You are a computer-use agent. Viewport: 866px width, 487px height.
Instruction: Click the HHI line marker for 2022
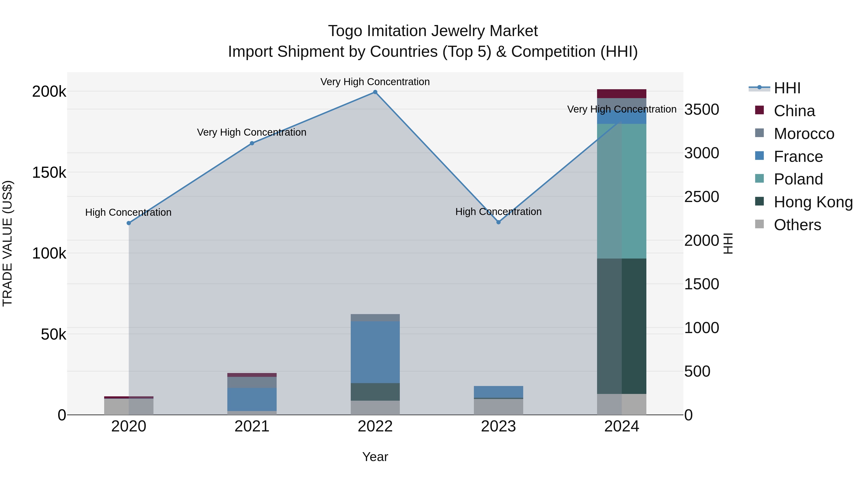[375, 92]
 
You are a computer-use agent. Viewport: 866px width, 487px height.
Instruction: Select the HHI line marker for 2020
[129, 223]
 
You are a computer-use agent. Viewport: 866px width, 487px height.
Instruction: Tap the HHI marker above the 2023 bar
[499, 222]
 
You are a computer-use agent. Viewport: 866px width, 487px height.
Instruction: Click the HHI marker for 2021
[252, 143]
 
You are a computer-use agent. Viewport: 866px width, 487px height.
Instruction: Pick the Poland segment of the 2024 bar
[622, 191]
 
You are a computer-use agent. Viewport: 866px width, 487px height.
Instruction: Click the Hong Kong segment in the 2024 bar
[622, 326]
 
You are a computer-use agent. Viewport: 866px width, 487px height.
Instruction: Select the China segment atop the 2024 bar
[622, 94]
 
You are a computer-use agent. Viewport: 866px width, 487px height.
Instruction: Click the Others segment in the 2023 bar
[499, 407]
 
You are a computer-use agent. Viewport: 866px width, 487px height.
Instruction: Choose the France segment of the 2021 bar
[252, 399]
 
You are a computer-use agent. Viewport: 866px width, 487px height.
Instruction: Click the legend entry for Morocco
[804, 134]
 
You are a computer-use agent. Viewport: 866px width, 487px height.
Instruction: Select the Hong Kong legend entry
[813, 202]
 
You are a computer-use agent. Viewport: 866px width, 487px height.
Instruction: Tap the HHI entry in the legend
[787, 88]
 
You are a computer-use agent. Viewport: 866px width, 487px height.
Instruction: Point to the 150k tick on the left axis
[49, 173]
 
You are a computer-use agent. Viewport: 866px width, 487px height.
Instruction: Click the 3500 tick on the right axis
[702, 110]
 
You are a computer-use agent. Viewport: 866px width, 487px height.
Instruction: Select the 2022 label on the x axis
[375, 426]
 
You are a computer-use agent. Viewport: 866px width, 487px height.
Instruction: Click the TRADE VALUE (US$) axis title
[7, 243]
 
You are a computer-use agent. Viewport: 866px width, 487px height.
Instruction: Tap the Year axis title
[375, 457]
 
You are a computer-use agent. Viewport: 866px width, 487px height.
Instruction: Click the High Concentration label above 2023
[499, 212]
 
